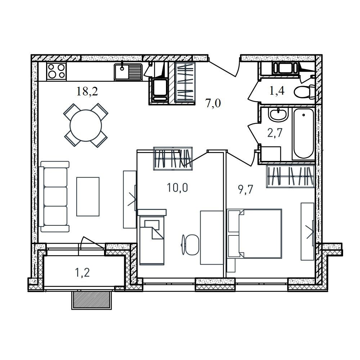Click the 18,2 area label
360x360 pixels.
(x=87, y=91)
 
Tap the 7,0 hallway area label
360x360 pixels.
(x=213, y=103)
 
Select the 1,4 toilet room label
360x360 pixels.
(x=277, y=91)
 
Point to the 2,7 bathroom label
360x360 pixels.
(x=275, y=133)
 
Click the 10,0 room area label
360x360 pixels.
(x=177, y=188)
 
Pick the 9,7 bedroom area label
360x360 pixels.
(x=246, y=190)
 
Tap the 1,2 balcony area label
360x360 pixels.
(x=82, y=273)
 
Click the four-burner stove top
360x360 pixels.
(x=57, y=71)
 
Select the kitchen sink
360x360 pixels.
(x=128, y=72)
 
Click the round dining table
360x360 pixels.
(x=86, y=125)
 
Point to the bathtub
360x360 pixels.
(x=303, y=134)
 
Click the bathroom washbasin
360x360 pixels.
(x=279, y=114)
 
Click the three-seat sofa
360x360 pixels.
(x=54, y=197)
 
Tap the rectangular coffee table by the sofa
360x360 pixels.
(x=88, y=197)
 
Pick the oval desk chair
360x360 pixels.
(x=190, y=245)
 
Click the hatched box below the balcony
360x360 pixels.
(x=91, y=300)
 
